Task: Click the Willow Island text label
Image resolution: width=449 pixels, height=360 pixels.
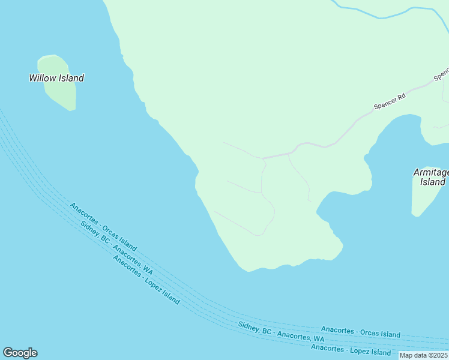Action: pyautogui.click(x=56, y=78)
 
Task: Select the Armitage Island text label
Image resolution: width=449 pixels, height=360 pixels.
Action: pyautogui.click(x=432, y=177)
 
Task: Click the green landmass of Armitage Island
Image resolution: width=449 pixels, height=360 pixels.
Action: pyautogui.click(x=423, y=198)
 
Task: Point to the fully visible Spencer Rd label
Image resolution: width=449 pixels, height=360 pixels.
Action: pyautogui.click(x=390, y=101)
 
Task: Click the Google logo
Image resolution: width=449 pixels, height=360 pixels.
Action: pyautogui.click(x=20, y=353)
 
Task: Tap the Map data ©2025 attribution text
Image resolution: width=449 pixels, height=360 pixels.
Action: pyautogui.click(x=424, y=355)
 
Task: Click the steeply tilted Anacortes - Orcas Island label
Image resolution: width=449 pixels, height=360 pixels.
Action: pyautogui.click(x=103, y=227)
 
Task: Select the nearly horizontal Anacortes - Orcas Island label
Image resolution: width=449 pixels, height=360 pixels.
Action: pyautogui.click(x=360, y=332)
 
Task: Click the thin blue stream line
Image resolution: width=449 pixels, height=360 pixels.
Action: pyautogui.click(x=384, y=14)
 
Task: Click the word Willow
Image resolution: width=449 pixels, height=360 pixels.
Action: pyautogui.click(x=43, y=78)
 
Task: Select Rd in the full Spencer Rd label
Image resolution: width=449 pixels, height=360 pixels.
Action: pyautogui.click(x=400, y=96)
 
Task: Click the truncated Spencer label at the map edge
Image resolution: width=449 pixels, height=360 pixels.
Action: pyautogui.click(x=442, y=74)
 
